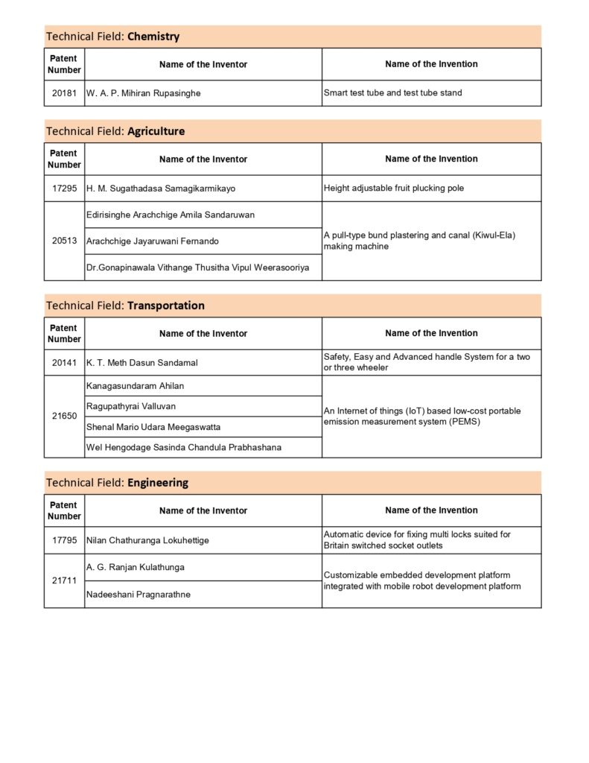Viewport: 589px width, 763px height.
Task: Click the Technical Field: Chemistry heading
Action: point(112,37)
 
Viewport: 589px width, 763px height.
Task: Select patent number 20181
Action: point(64,93)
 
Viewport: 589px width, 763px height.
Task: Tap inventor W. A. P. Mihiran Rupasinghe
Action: point(144,93)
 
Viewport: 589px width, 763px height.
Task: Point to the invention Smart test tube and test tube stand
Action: point(392,93)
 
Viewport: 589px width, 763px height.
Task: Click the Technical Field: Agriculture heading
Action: point(115,131)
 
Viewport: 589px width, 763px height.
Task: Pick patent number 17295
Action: point(64,189)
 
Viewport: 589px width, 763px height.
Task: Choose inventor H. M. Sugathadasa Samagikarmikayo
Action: point(161,189)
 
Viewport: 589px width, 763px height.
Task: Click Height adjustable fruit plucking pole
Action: point(393,189)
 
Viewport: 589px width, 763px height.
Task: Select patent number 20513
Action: point(64,241)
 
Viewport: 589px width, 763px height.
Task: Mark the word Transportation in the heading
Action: point(166,305)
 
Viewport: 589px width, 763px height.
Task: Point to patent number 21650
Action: point(64,417)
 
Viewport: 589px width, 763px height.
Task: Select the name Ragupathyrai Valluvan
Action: point(131,406)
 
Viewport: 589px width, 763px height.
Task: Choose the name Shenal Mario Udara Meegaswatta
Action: point(153,427)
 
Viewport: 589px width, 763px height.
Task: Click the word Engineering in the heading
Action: point(158,483)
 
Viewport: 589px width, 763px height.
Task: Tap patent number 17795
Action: point(64,540)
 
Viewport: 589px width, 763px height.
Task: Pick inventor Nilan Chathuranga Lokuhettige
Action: point(147,540)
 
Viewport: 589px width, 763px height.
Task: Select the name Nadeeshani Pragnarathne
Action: point(138,595)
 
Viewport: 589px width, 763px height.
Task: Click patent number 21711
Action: point(64,580)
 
